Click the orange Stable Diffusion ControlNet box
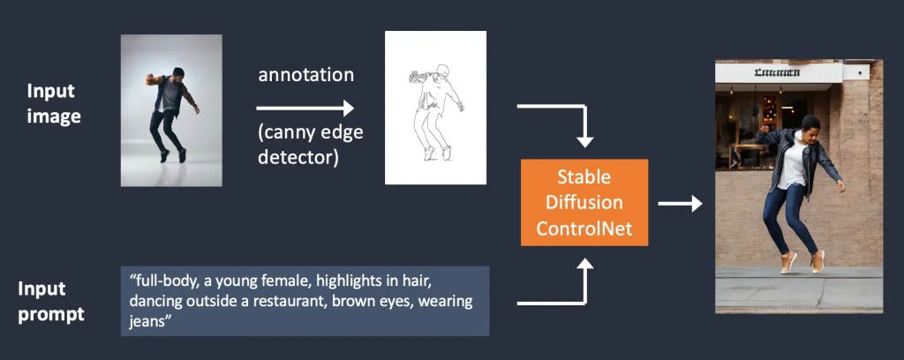click(584, 203)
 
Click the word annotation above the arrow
click(305, 75)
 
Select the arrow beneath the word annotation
click(305, 109)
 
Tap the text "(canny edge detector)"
click(310, 145)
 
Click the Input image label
click(54, 103)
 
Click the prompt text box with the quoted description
click(305, 301)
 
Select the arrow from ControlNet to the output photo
click(680, 205)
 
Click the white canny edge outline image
click(435, 107)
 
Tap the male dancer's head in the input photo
click(177, 73)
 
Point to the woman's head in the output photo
click(809, 124)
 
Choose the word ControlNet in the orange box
click(584, 230)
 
